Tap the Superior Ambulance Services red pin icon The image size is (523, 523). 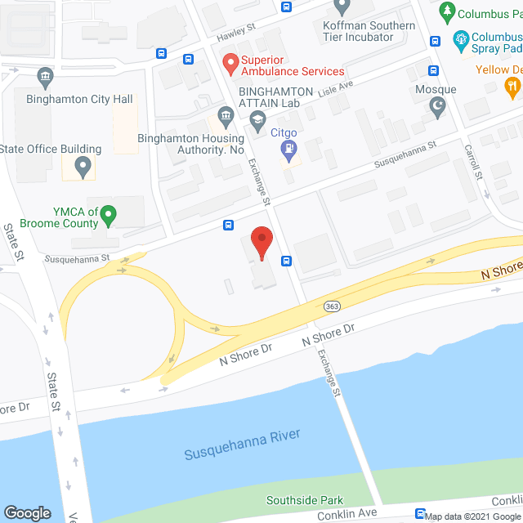(x=230, y=60)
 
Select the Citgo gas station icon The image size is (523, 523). (x=288, y=149)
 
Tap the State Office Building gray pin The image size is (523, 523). (x=82, y=168)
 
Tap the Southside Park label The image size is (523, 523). (x=305, y=500)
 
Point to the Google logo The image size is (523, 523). (x=27, y=512)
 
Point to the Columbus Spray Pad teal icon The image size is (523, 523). (x=462, y=38)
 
